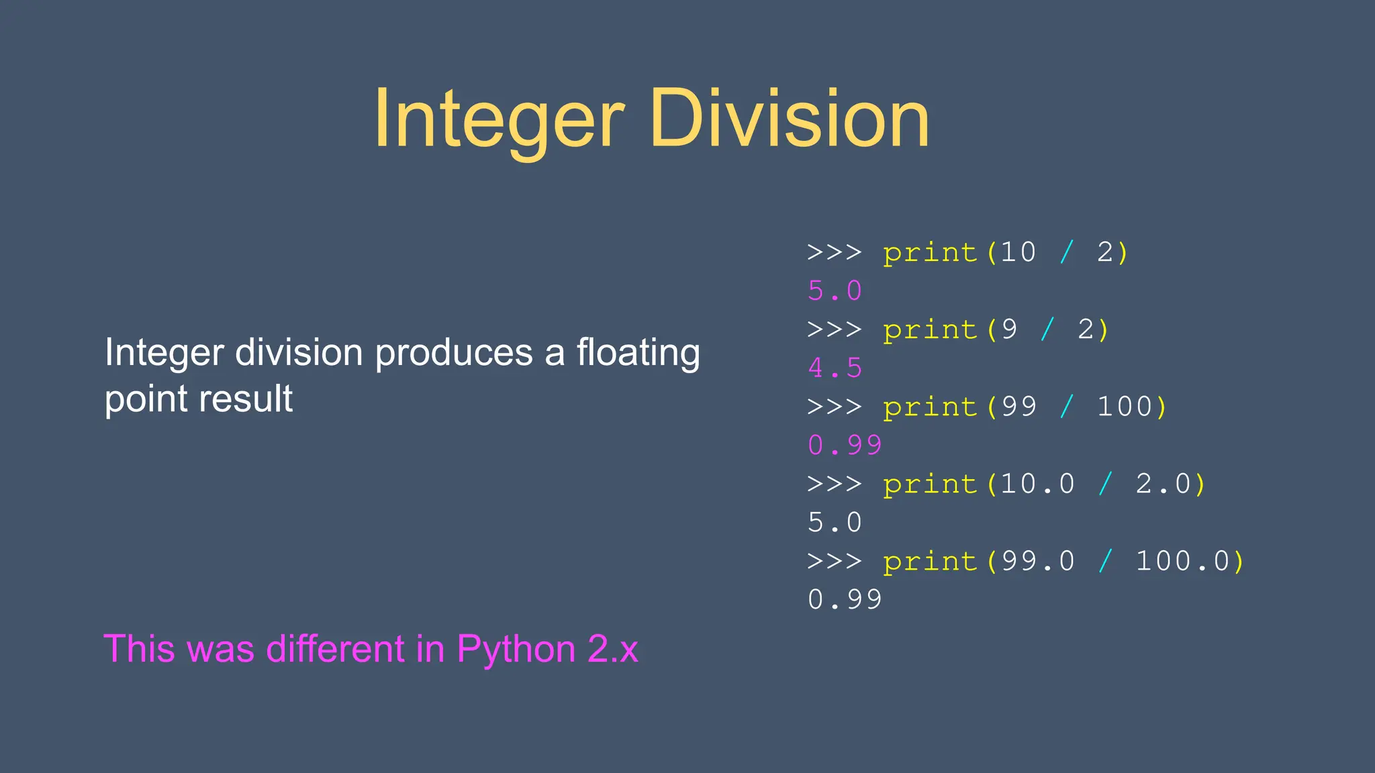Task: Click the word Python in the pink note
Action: (x=516, y=649)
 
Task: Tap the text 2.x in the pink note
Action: (x=612, y=649)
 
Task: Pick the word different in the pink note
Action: (x=335, y=649)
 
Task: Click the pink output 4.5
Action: (x=835, y=368)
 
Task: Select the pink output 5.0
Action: (x=835, y=291)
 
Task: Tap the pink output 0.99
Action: (x=845, y=445)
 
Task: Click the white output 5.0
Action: (x=835, y=522)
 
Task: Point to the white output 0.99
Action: (x=845, y=599)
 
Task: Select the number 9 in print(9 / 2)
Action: (x=1009, y=329)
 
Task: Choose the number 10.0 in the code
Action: (x=1038, y=484)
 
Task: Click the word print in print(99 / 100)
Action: (x=930, y=407)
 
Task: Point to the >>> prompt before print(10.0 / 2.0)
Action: (x=835, y=484)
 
